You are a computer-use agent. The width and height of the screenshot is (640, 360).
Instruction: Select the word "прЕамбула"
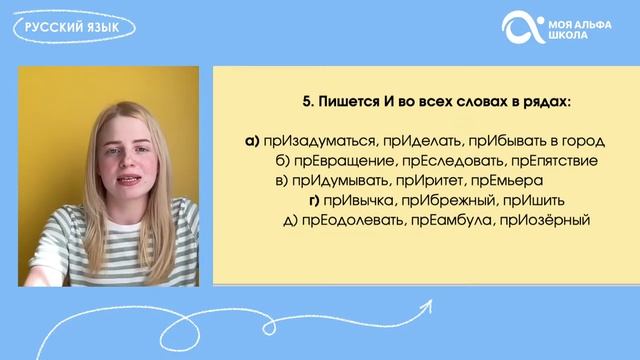[x=457, y=220]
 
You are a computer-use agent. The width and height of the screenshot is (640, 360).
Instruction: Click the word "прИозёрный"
[x=546, y=220]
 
